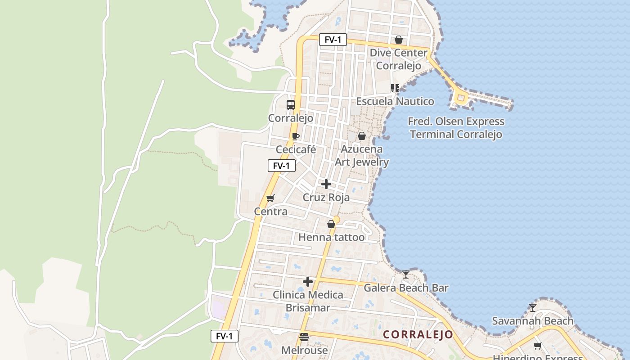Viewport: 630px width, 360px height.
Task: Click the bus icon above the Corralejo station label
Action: (x=291, y=105)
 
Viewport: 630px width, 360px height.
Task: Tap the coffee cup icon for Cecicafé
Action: (x=295, y=136)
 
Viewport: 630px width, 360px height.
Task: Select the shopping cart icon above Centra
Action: (x=270, y=198)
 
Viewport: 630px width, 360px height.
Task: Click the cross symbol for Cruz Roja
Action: (x=326, y=184)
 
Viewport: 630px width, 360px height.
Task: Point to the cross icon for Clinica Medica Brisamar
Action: (x=308, y=282)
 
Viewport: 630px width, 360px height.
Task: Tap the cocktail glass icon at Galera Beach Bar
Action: (x=406, y=274)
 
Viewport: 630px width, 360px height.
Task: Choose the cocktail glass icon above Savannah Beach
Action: (x=533, y=308)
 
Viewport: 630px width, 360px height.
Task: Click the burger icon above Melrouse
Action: (x=304, y=337)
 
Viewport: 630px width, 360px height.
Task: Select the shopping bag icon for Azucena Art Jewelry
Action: (x=362, y=136)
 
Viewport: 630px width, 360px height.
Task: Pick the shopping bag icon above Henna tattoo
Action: (x=331, y=224)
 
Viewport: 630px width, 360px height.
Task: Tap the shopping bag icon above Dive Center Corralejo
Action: (x=398, y=40)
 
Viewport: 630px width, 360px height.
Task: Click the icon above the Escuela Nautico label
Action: (x=395, y=88)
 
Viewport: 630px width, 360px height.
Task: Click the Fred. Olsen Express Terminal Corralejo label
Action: (x=456, y=128)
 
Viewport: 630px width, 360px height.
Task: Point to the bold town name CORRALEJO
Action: (x=418, y=335)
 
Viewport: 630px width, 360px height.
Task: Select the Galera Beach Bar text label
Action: (x=406, y=288)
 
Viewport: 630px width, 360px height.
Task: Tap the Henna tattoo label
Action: (x=332, y=237)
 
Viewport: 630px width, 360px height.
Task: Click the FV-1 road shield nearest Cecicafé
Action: (x=282, y=166)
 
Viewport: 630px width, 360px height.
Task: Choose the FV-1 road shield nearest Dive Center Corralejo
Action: (x=333, y=40)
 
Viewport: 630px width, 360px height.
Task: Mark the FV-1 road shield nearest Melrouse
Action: (x=225, y=336)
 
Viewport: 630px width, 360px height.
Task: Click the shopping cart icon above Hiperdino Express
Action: (x=537, y=346)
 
